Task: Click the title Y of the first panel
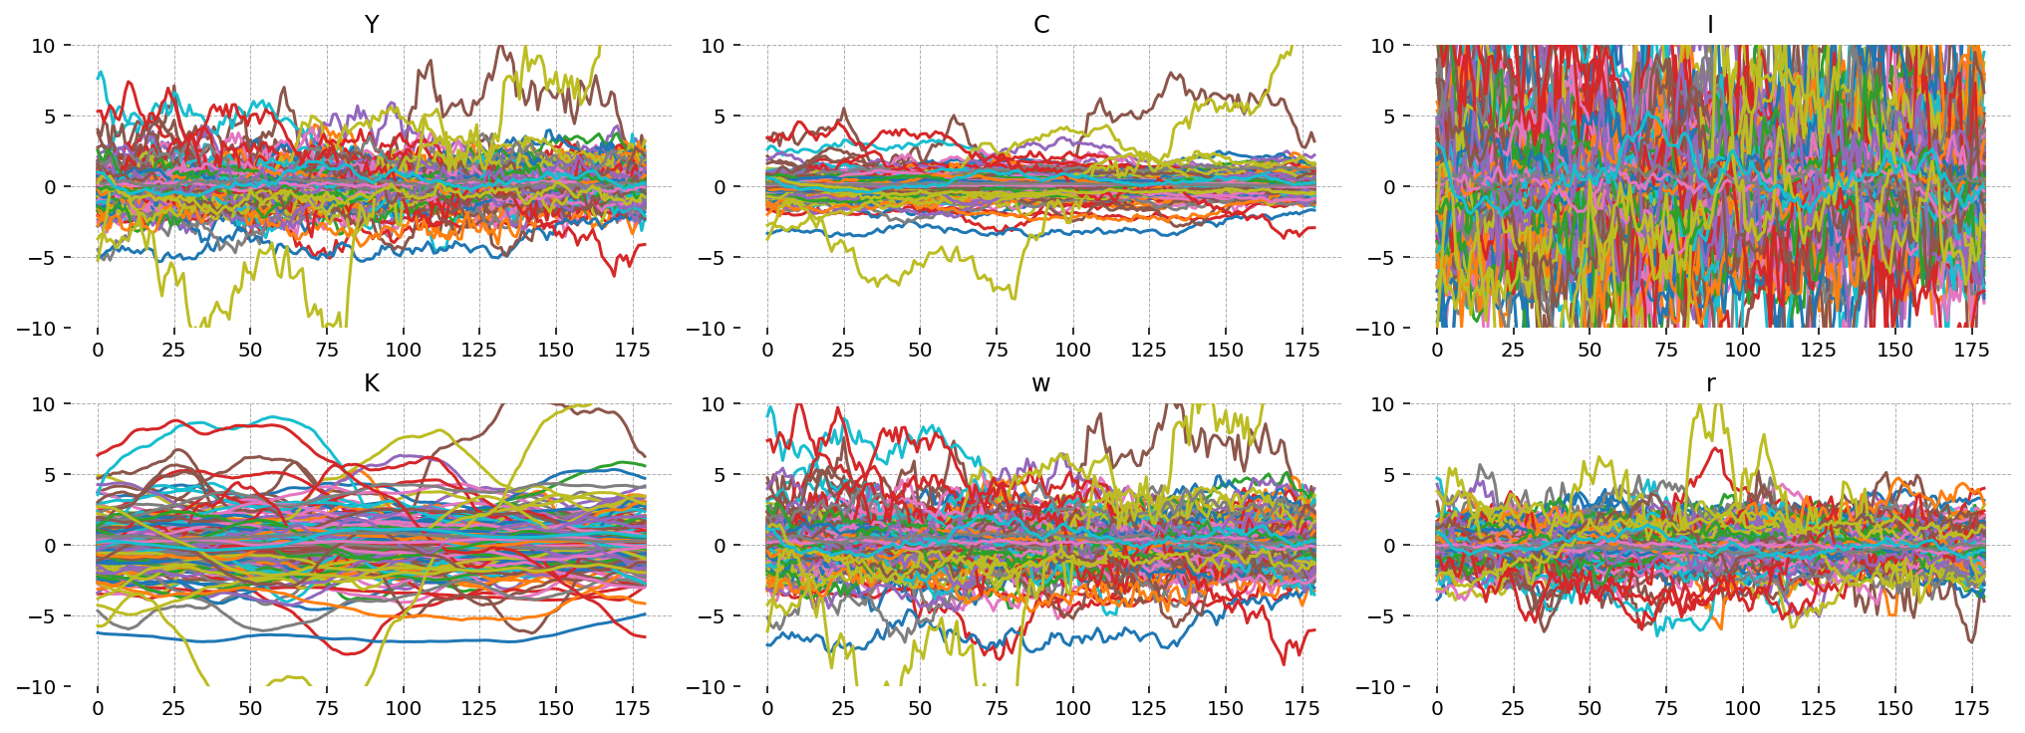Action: click(372, 25)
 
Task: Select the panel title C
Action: click(1041, 25)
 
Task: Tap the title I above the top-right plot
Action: click(1710, 25)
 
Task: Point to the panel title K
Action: click(372, 383)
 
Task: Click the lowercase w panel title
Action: click(1041, 383)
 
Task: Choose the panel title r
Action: click(1710, 383)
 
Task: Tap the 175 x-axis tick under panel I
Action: click(1971, 350)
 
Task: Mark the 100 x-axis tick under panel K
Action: click(403, 708)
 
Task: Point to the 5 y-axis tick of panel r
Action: click(1393, 475)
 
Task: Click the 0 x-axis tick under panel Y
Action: click(98, 350)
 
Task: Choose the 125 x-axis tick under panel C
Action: click(1148, 350)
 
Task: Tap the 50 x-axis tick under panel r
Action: click(1589, 708)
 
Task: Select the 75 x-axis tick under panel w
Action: click(997, 708)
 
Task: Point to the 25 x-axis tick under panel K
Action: click(173, 708)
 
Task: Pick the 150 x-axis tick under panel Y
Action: click(555, 350)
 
